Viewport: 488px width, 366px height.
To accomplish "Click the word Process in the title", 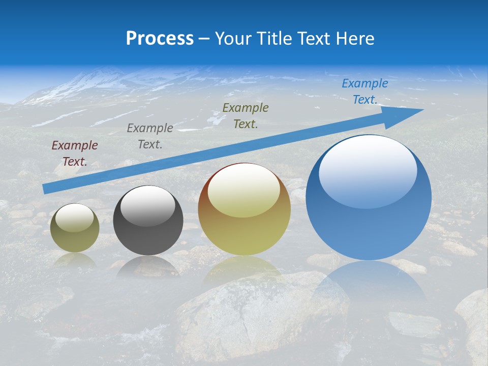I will pyautogui.click(x=160, y=39).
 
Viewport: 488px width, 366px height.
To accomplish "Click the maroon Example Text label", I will pyautogui.click(x=75, y=154).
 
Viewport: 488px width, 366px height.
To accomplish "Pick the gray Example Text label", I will pyautogui.click(x=150, y=136).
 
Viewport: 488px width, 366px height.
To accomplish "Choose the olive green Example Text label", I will pyautogui.click(x=246, y=115).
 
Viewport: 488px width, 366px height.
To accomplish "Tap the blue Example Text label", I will pyautogui.click(x=365, y=91).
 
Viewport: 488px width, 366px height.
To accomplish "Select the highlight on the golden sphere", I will pyautogui.click(x=244, y=191).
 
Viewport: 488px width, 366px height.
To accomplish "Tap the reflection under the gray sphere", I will pyautogui.click(x=148, y=266).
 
